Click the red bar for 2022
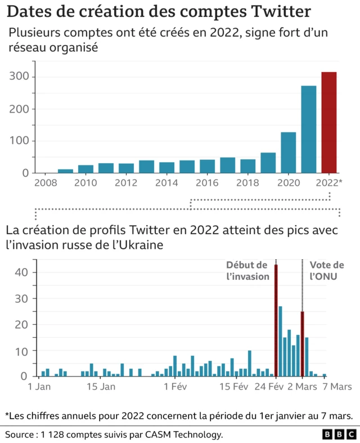tap(329, 122)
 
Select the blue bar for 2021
tap(309, 129)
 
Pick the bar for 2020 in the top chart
tap(289, 153)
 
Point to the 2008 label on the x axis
tap(46, 183)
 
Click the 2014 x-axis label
tap(167, 183)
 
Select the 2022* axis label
tap(329, 183)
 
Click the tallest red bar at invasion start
tap(276, 320)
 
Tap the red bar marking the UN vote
tap(303, 343)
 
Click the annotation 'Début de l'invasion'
tap(247, 271)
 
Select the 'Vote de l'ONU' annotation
tap(327, 271)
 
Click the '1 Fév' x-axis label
tap(175, 387)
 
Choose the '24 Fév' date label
tap(268, 387)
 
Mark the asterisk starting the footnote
tap(7, 415)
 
